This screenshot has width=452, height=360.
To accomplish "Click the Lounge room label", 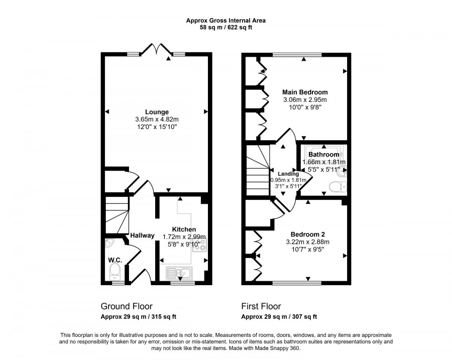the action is tap(157, 112).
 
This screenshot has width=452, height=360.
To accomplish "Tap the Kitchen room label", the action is tap(184, 229).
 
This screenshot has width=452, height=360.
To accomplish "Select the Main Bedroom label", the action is tap(305, 92).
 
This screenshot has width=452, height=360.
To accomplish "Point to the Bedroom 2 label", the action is tap(307, 234).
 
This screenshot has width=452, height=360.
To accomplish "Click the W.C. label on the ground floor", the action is tap(115, 260).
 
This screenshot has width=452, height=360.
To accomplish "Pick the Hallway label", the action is tap(142, 235).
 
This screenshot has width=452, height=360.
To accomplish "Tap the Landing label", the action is tap(288, 174).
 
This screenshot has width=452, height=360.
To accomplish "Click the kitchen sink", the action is tap(179, 273).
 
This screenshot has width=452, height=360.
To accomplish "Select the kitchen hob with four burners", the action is tap(199, 245).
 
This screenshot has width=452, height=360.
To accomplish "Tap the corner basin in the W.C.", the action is tap(109, 243).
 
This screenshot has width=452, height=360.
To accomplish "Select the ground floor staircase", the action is tap(117, 215).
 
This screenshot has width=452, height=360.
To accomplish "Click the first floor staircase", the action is tap(258, 170).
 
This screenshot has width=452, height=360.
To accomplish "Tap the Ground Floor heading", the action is tap(127, 306).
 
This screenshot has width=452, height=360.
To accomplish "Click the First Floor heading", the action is tap(261, 306).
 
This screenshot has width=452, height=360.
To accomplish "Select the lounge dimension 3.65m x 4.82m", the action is tap(157, 119).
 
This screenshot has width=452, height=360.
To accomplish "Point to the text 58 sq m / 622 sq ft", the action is tap(226, 28).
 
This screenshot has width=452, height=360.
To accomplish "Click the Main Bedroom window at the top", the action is tap(297, 54).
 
